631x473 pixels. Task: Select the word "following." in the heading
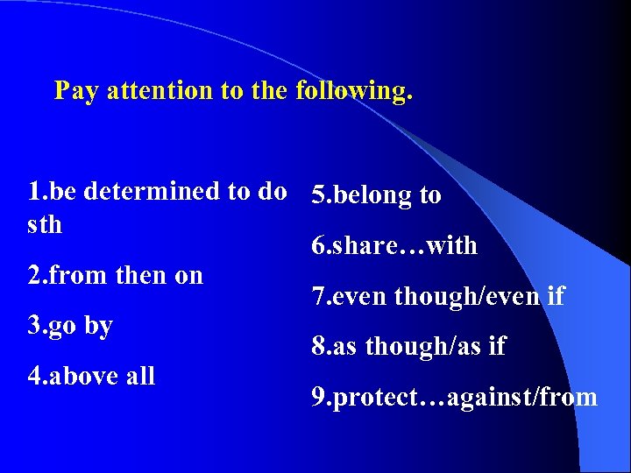(354, 91)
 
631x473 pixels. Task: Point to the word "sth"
(46, 225)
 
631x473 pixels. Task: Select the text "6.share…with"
(394, 246)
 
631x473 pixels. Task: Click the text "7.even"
(350, 297)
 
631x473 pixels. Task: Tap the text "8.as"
(335, 347)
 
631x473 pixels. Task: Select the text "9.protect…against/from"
(455, 398)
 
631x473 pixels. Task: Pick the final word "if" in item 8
(497, 347)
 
